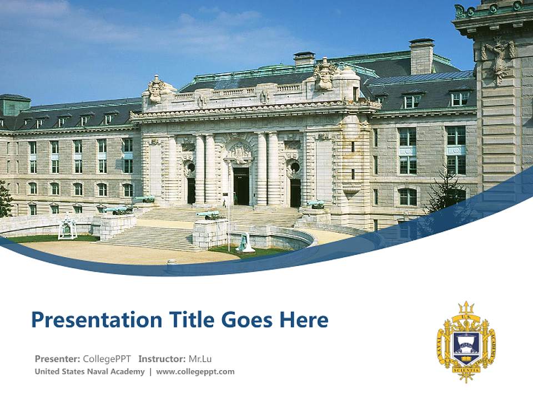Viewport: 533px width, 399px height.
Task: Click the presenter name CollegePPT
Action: [x=107, y=359]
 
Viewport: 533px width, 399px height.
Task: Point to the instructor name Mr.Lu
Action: [x=200, y=359]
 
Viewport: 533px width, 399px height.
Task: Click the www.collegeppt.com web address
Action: [x=195, y=371]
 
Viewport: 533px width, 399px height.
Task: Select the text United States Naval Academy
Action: [x=89, y=371]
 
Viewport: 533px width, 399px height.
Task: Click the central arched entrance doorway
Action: [x=241, y=186]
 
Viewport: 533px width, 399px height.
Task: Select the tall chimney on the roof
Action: [x=422, y=56]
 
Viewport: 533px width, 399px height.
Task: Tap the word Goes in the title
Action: [x=245, y=320]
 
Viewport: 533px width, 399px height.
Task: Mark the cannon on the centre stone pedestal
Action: [x=208, y=215]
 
